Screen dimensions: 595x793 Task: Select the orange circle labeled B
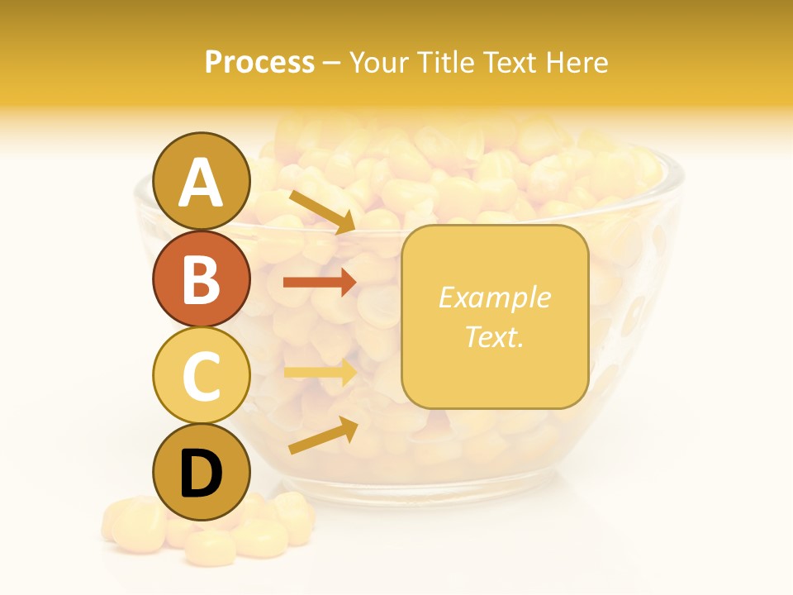[x=201, y=278]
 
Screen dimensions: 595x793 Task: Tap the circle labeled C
[x=201, y=375]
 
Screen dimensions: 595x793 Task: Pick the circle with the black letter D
[x=201, y=472]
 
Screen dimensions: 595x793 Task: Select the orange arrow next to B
[x=320, y=283]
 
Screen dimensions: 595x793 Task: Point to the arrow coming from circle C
[x=320, y=372]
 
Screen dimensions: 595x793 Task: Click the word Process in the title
[x=259, y=62]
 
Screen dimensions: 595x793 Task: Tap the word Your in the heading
[x=378, y=62]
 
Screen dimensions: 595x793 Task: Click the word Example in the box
[x=494, y=297]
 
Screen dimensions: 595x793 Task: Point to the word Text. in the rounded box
[x=494, y=336]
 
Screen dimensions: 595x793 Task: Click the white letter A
[x=201, y=183]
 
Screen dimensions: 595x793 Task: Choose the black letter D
[x=201, y=474]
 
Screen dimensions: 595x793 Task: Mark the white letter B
[x=201, y=279]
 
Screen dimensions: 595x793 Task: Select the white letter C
[x=201, y=376]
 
